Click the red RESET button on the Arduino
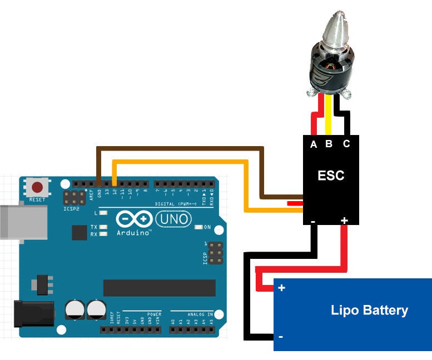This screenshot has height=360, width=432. (x=38, y=187)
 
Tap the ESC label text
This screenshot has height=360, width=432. (x=330, y=176)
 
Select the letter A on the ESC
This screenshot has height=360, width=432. (x=314, y=144)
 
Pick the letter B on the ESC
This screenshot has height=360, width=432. (x=329, y=144)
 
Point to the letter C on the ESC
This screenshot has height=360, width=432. (x=346, y=144)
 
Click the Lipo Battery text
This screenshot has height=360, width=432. (x=369, y=310)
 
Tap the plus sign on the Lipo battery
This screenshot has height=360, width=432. (x=281, y=288)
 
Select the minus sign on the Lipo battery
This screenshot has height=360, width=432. (x=280, y=337)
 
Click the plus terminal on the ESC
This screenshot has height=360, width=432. (x=344, y=221)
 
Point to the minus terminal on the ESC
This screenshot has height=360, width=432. (x=313, y=221)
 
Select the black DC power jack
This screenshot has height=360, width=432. (x=33, y=313)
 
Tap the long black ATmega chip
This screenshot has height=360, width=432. (x=159, y=288)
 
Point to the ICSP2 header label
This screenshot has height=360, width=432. (x=72, y=209)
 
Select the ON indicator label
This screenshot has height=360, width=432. (x=207, y=227)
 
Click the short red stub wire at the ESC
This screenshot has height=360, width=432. (x=295, y=203)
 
